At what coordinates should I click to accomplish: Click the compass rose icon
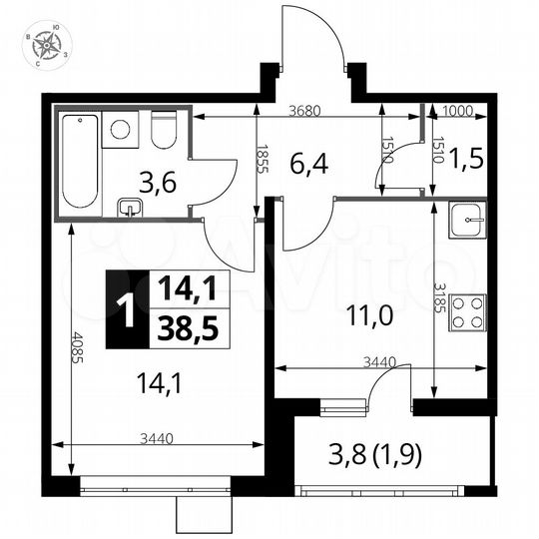[46, 44]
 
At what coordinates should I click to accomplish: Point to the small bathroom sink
[131, 207]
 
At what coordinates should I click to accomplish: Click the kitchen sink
[467, 221]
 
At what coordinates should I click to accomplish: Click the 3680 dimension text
[306, 111]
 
